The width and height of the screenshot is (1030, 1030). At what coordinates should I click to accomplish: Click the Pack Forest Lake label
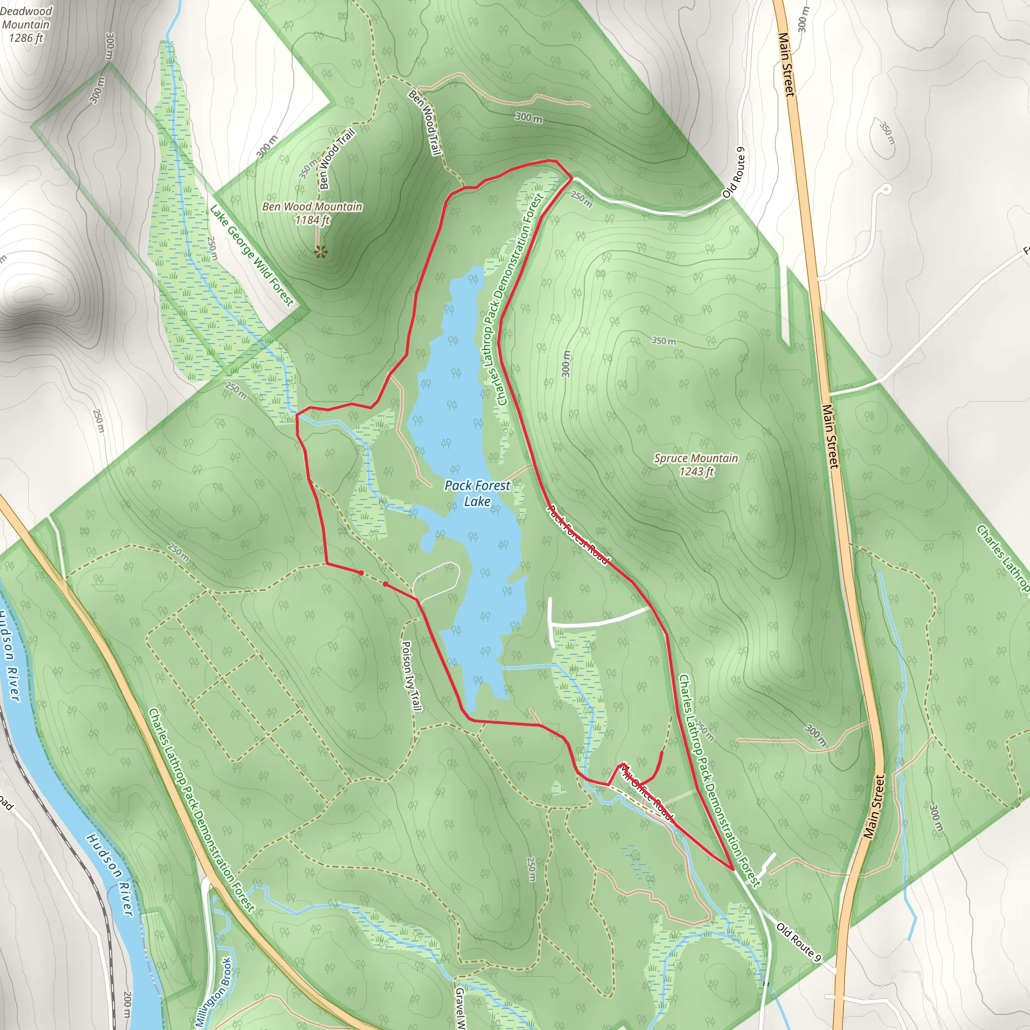click(477, 493)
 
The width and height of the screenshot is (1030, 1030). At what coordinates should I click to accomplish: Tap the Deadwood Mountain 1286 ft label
click(26, 25)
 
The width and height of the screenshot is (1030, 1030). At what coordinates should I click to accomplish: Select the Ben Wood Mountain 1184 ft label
click(312, 213)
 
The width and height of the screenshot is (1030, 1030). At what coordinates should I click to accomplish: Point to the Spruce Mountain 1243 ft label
click(696, 464)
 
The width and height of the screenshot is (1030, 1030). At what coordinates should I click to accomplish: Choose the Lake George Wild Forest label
click(251, 256)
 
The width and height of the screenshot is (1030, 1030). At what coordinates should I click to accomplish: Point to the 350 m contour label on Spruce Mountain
click(664, 340)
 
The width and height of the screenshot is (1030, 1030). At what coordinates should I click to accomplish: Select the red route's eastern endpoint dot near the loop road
click(385, 584)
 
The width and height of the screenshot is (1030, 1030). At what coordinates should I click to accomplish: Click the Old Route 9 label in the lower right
click(799, 942)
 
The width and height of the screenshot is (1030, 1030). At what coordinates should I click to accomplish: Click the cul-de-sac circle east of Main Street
click(886, 189)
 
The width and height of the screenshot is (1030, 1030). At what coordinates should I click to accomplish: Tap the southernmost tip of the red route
click(734, 869)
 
